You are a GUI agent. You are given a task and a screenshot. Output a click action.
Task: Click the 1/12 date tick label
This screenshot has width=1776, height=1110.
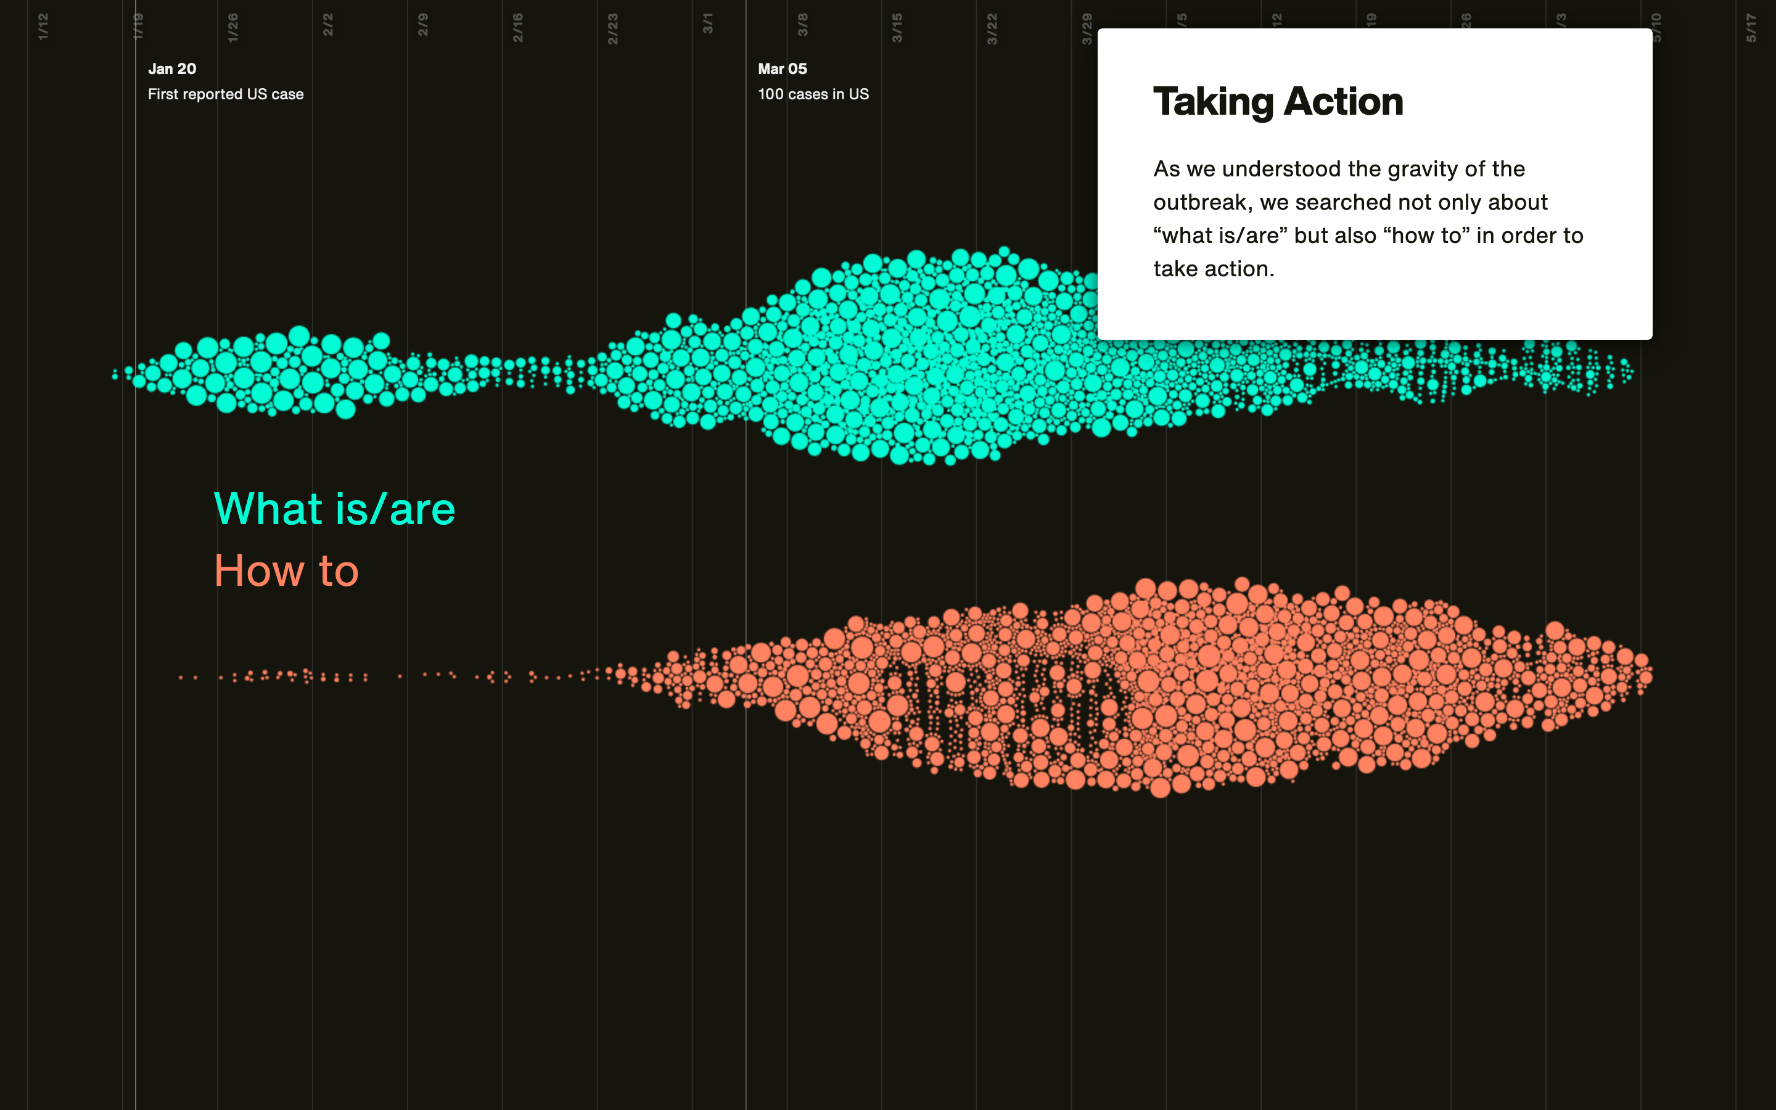43,27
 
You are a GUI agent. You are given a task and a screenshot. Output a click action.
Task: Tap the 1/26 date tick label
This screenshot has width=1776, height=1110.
232,27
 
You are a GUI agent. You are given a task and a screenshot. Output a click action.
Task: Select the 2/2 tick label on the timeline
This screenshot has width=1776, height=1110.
328,25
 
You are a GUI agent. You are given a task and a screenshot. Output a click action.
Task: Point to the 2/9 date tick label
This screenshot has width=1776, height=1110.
422,25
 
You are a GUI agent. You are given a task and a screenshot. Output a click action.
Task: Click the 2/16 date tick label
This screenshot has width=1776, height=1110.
517,27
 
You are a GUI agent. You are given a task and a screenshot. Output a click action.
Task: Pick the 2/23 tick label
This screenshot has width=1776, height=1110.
613,28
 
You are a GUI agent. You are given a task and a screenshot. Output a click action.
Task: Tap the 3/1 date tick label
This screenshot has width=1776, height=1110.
707,23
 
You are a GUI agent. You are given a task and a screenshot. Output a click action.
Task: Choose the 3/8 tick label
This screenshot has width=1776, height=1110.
802,25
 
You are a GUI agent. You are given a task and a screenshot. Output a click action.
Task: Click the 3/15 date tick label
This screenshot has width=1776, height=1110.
897,27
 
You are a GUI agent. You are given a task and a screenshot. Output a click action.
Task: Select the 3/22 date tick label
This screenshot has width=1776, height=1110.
992,28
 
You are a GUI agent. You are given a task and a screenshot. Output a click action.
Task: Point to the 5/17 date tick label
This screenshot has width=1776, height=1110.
1751,27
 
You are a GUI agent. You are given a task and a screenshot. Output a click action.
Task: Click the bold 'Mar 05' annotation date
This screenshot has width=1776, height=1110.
783,69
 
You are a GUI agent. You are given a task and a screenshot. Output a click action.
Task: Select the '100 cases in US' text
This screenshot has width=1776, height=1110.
813,94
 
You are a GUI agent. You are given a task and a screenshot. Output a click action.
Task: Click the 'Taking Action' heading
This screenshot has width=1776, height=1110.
1278,101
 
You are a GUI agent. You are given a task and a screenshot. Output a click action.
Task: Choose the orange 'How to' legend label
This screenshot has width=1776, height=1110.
286,570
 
